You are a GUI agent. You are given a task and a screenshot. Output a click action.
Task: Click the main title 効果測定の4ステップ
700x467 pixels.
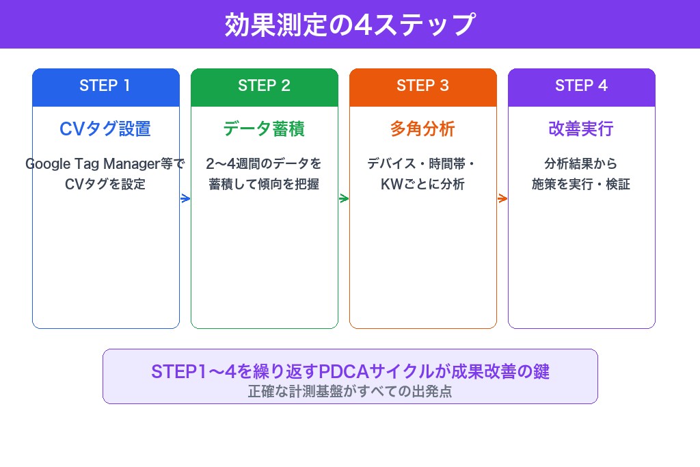click(x=349, y=25)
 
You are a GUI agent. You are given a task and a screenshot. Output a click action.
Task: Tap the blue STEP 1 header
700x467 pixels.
click(x=105, y=86)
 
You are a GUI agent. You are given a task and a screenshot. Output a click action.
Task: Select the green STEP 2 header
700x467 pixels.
click(x=264, y=86)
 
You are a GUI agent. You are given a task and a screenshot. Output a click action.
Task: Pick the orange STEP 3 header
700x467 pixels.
click(x=422, y=86)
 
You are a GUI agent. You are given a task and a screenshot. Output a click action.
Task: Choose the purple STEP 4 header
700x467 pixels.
click(x=581, y=86)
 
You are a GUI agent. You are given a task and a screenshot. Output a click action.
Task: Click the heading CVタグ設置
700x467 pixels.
click(x=105, y=129)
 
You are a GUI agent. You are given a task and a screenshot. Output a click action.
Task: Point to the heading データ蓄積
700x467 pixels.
click(x=264, y=129)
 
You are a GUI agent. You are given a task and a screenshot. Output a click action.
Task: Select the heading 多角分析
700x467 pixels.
click(x=422, y=129)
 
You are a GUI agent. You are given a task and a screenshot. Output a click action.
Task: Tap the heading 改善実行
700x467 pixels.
click(x=581, y=129)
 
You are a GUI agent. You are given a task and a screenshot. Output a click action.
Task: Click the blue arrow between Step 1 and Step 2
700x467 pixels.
click(x=185, y=199)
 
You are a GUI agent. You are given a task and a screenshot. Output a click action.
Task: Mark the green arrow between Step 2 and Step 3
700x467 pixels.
click(x=344, y=199)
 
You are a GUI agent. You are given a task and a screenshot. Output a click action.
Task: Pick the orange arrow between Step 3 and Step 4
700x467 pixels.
click(x=502, y=199)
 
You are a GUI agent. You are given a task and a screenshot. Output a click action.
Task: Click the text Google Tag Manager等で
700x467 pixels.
click(x=105, y=164)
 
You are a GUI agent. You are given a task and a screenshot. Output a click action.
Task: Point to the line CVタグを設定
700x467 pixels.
click(x=105, y=184)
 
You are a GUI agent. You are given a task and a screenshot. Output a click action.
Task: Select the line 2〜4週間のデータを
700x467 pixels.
click(x=264, y=164)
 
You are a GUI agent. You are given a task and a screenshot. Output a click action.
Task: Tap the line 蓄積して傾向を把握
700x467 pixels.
click(x=264, y=184)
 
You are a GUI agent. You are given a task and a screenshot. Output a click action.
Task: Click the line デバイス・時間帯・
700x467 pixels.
click(x=422, y=164)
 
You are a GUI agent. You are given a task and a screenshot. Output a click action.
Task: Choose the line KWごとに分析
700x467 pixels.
click(x=422, y=184)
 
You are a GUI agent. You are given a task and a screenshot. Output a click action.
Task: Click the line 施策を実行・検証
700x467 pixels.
click(x=581, y=184)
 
